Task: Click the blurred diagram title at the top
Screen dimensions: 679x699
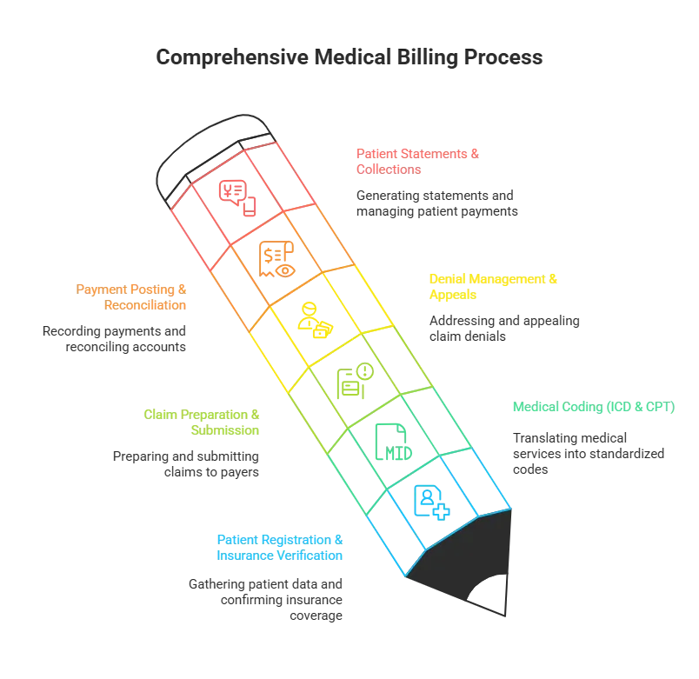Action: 349,59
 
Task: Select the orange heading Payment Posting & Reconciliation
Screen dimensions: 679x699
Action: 131,297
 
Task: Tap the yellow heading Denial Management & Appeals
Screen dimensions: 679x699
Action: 493,286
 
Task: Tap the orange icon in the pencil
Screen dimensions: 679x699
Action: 274,257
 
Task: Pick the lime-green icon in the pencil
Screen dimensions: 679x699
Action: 353,380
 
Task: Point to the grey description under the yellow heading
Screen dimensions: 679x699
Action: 504,323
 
